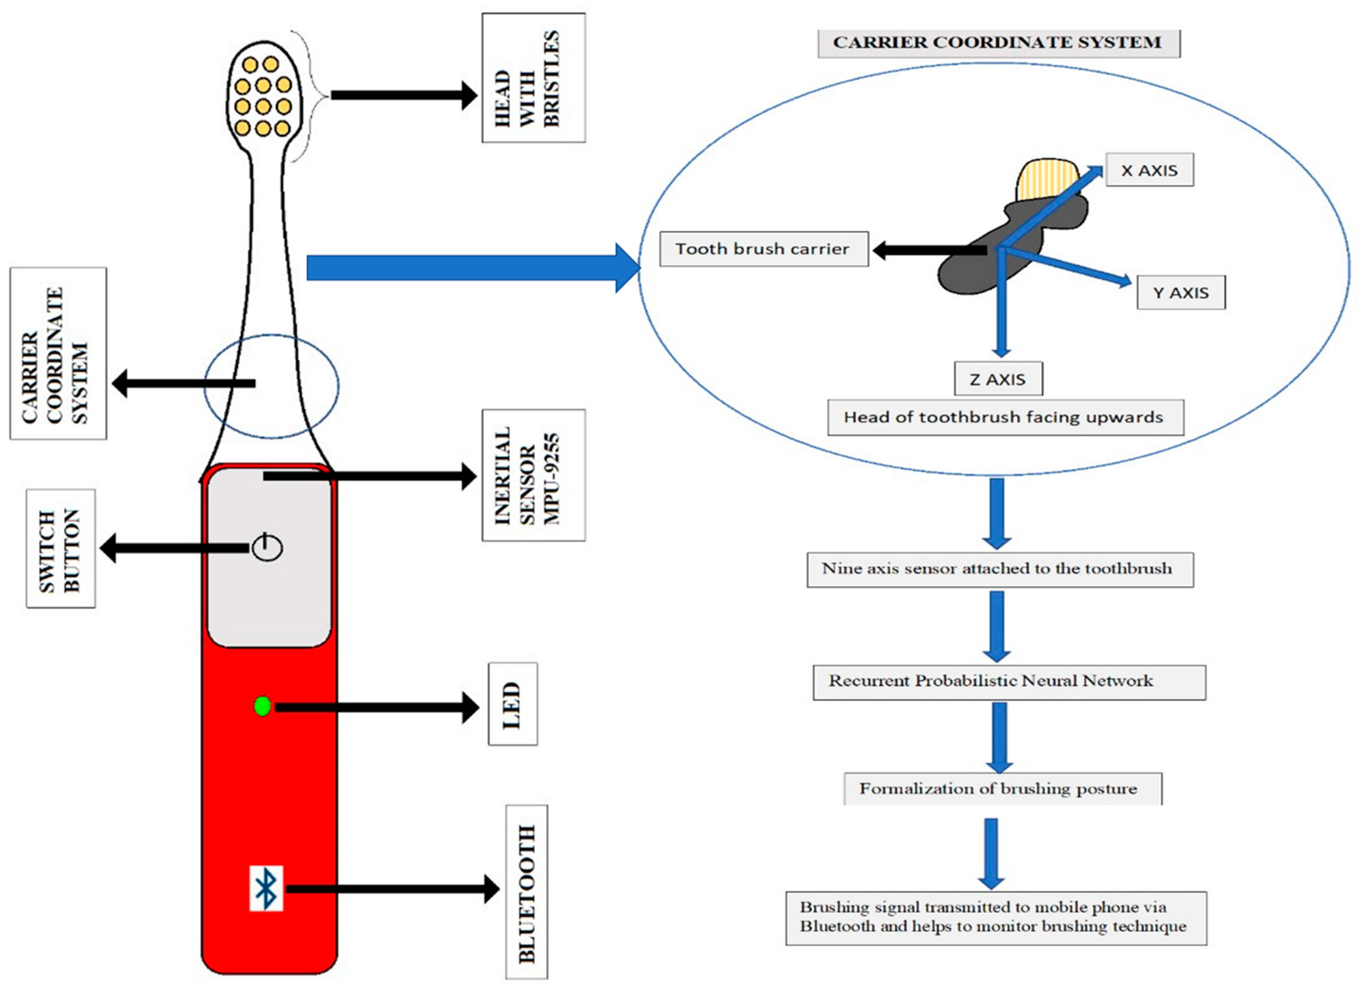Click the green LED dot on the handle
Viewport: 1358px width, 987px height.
coord(262,706)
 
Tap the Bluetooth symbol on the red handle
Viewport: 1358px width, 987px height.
coord(266,888)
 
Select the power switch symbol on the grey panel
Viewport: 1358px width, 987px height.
coord(267,547)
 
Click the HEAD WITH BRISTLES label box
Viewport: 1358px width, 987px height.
coord(533,78)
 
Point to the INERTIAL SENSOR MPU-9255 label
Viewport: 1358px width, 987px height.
coord(533,475)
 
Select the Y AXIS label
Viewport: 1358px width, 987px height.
coord(1180,292)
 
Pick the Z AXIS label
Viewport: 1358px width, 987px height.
coord(997,379)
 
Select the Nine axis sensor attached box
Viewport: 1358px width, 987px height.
coord(999,569)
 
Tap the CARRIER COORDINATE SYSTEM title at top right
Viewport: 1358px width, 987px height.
coord(998,42)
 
